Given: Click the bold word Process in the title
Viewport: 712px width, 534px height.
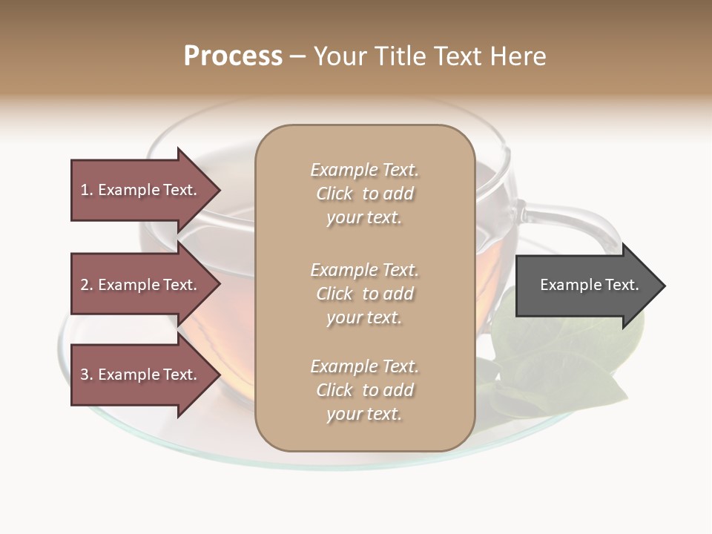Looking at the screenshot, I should pos(233,56).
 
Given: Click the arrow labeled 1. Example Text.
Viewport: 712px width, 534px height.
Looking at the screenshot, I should pos(141,190).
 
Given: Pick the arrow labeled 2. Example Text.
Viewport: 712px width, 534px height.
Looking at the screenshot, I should pos(141,285).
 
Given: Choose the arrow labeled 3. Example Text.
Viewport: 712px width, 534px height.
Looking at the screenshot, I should pos(141,375).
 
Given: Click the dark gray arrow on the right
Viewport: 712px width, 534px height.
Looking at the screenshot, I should pos(586,286).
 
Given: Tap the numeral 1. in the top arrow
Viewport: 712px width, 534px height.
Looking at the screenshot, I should pos(86,190).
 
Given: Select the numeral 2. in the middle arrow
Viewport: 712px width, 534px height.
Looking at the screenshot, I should pos(86,285).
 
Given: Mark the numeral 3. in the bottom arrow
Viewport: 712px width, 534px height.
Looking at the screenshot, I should pos(86,375).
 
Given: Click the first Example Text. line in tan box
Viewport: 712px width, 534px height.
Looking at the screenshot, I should pos(364,170).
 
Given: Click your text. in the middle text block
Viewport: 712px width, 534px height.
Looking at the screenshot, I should pos(364,317).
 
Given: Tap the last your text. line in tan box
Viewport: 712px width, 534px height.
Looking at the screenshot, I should pos(364,414).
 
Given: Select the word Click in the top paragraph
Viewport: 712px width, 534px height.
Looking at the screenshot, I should pos(334,194).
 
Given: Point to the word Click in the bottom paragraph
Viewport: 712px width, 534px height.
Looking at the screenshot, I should pos(334,390).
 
